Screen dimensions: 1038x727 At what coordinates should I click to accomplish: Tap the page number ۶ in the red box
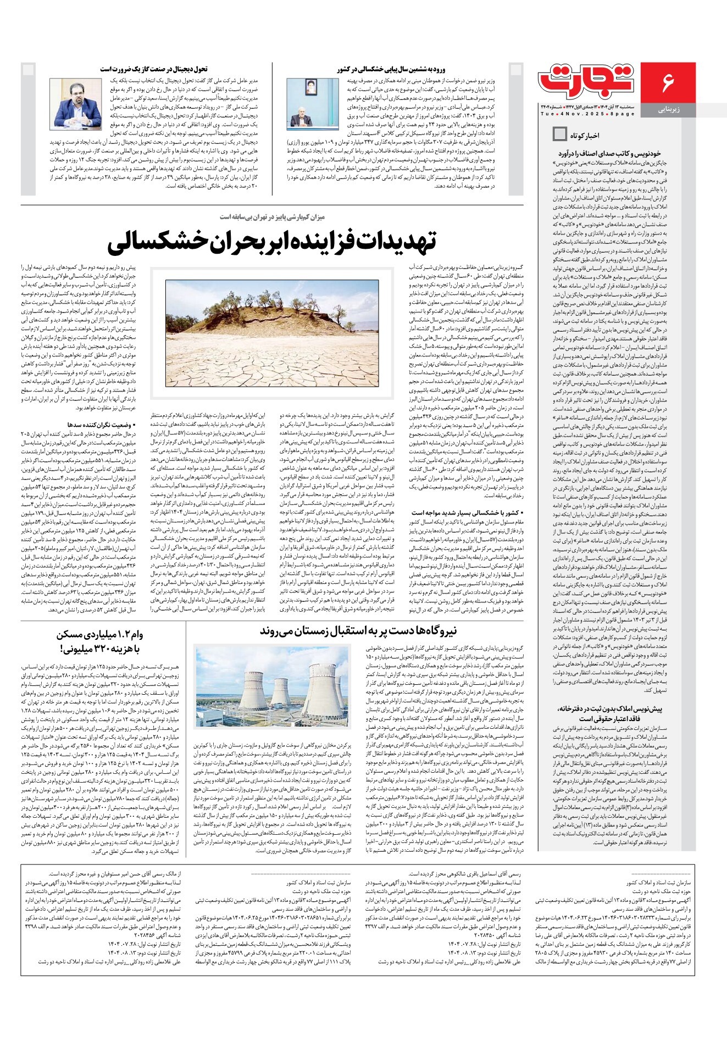(x=668, y=82)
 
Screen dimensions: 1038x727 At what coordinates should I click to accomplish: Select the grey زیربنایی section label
(x=668, y=110)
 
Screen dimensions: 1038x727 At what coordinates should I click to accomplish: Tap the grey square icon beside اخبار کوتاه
(x=559, y=134)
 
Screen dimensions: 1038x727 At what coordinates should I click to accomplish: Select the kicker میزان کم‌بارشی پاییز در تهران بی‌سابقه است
(x=272, y=217)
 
